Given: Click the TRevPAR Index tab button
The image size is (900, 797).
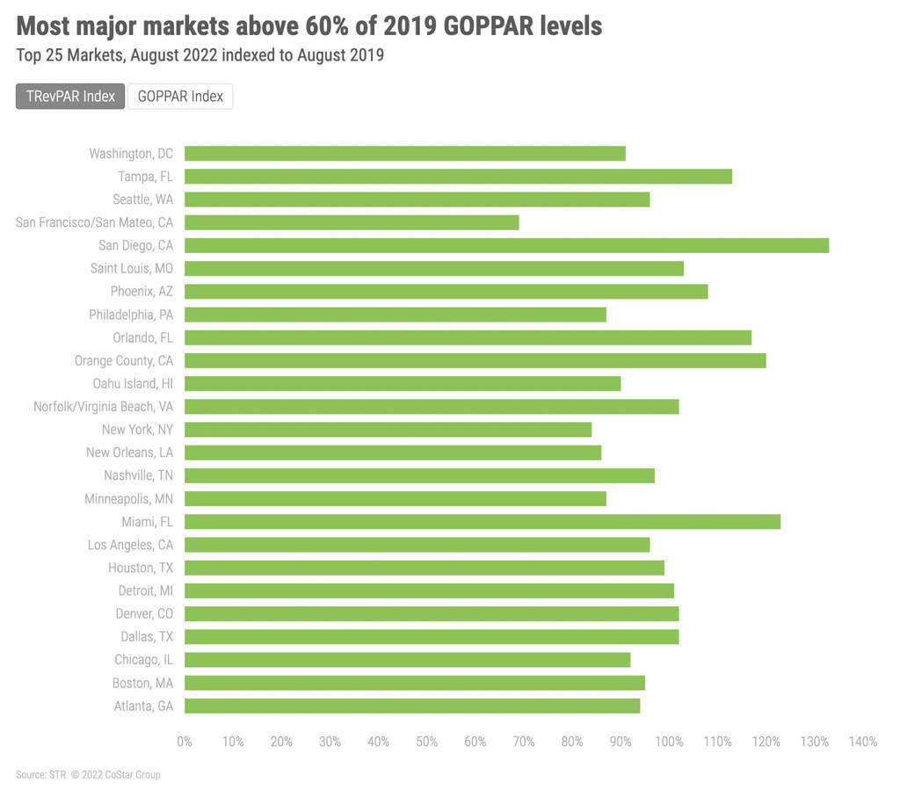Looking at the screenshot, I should click(x=70, y=97).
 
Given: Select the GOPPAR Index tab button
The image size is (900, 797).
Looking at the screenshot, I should click(x=180, y=97).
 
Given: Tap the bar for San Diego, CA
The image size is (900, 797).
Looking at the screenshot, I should click(x=506, y=245).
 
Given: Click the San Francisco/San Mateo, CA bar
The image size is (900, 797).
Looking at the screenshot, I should click(x=352, y=222).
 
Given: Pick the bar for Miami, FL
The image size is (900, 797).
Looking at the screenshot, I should click(x=483, y=522).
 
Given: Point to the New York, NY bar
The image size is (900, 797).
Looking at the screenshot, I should click(x=388, y=430).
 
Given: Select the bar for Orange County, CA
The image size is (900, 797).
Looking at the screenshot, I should click(x=475, y=360).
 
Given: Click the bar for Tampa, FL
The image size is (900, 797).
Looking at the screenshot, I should click(x=458, y=177).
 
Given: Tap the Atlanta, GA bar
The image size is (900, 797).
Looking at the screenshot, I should click(x=412, y=706).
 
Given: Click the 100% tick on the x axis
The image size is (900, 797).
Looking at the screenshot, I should click(x=669, y=743).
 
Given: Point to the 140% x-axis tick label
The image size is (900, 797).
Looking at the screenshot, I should click(x=863, y=743).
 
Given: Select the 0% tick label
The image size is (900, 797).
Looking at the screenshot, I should click(x=185, y=743).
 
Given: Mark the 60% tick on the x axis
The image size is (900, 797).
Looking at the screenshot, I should click(x=475, y=743).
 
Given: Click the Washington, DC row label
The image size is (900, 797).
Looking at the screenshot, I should click(x=131, y=154).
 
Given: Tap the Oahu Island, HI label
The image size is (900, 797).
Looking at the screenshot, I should click(x=133, y=384).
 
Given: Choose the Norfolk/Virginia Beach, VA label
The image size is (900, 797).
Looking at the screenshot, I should click(x=104, y=407).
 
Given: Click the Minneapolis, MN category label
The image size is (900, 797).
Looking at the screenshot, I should click(x=129, y=499).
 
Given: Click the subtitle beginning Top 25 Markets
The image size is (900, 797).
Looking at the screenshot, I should click(x=200, y=54).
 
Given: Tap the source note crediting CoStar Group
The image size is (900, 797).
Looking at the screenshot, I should click(x=88, y=775).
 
